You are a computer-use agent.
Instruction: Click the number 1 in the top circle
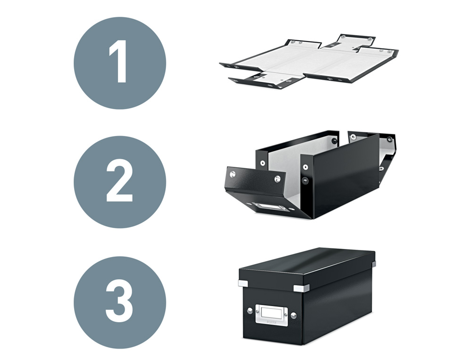point(119,62)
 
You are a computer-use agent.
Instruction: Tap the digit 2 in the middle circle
point(119,182)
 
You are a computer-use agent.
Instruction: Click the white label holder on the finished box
point(272,314)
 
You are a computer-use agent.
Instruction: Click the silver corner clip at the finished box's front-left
point(244,283)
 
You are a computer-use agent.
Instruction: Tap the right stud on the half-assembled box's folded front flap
point(277,179)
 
